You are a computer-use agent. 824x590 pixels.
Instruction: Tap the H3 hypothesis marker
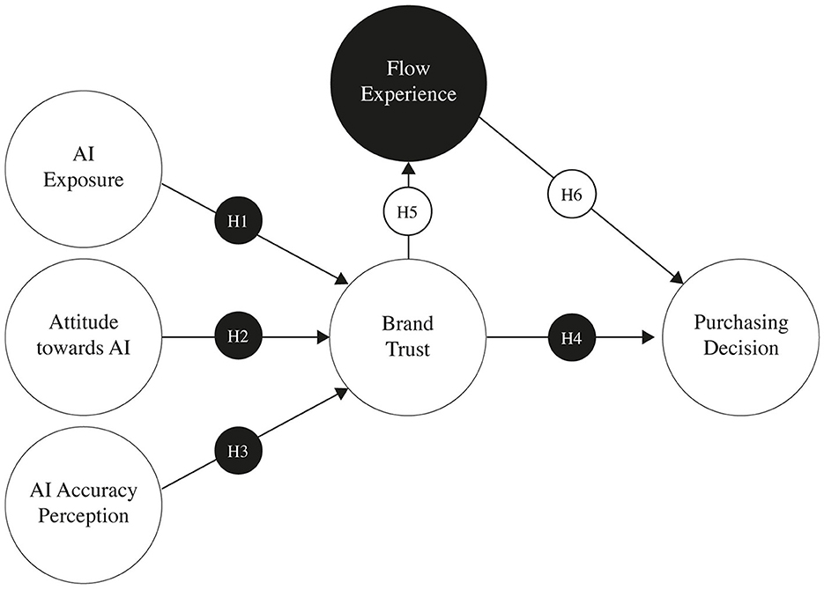(x=238, y=451)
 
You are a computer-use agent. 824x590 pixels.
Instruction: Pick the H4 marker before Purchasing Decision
(x=571, y=337)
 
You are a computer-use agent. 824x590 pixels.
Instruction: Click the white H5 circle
(x=407, y=214)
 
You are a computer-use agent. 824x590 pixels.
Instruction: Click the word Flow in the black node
(x=407, y=66)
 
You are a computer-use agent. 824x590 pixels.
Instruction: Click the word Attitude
(x=83, y=322)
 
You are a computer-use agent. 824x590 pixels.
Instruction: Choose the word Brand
(x=407, y=323)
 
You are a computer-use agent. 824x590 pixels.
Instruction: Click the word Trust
(x=407, y=349)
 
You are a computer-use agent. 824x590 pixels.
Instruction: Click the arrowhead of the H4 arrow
(x=648, y=337)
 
